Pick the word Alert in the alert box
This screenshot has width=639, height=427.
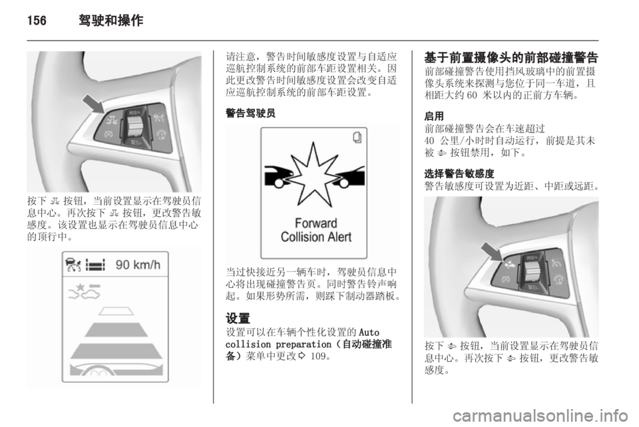[x=339, y=236]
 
